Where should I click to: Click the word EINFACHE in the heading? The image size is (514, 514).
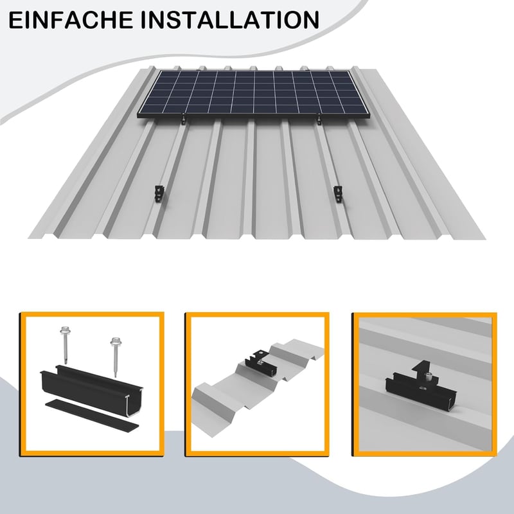coord(71,20)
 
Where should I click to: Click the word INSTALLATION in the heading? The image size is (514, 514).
coord(230,20)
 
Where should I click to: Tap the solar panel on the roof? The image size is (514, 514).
coord(254,94)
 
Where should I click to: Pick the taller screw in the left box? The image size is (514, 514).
coord(64,345)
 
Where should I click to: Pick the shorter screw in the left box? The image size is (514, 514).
coord(115,357)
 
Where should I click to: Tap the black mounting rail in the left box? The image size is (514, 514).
coord(92,390)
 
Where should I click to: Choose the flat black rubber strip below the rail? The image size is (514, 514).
coord(92,414)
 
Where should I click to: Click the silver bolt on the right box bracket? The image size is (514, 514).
coord(427,378)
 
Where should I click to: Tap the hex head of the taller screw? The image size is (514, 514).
coord(63,330)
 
